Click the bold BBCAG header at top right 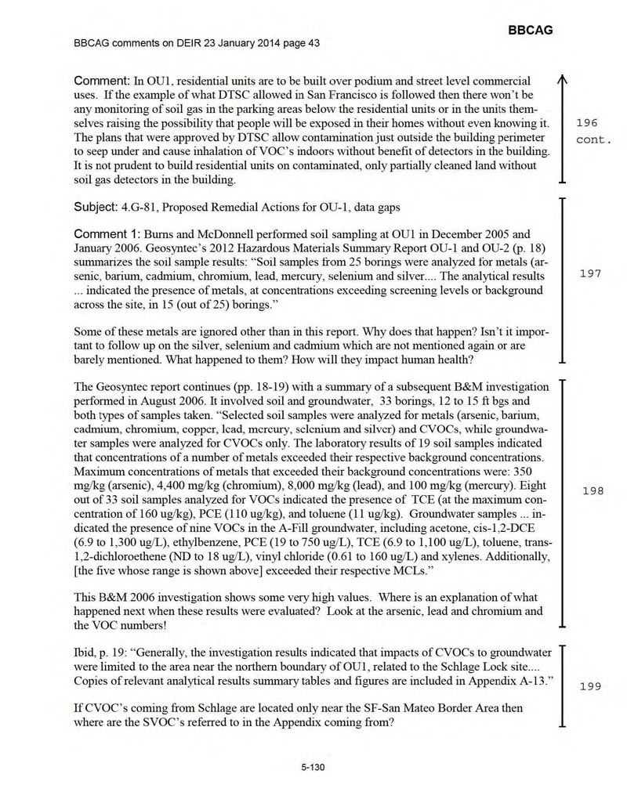pyautogui.click(x=531, y=30)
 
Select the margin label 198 pyautogui.click(x=593, y=490)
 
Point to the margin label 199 pyautogui.click(x=589, y=686)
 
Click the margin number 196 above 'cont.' pyautogui.click(x=587, y=123)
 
